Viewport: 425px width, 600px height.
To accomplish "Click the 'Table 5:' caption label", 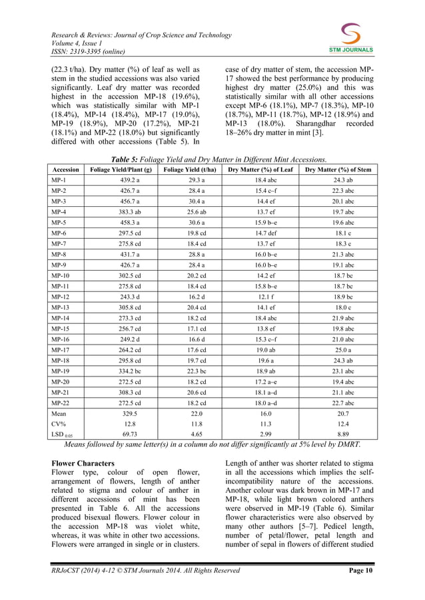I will pyautogui.click(x=127, y=160).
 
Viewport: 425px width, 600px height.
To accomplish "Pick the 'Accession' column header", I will pyautogui.click(x=66, y=170).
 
